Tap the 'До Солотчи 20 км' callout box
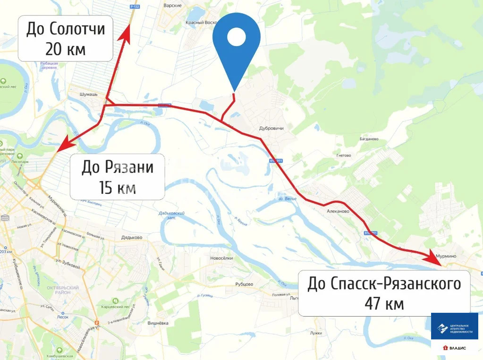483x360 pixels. pos(66,38)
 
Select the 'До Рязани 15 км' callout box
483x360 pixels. pos(118,177)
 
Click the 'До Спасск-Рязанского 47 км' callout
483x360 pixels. pos(384,293)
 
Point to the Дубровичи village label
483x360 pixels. pos(271,128)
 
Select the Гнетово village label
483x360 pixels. pos(343,155)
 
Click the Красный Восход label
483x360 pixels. pos(201,23)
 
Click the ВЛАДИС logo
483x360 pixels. pos(454,348)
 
